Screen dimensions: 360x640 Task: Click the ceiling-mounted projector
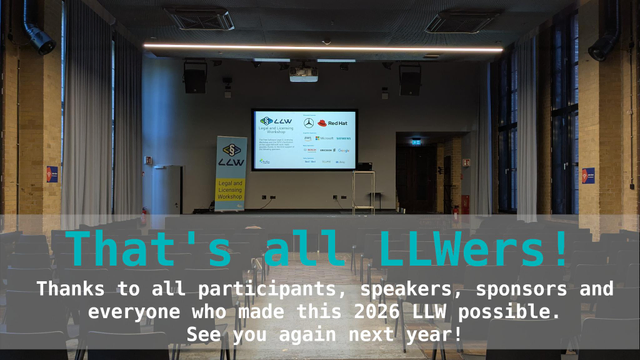coord(304,73)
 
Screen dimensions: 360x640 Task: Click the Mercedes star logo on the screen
coord(309,123)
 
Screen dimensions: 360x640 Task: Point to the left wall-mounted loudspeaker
coord(195,77)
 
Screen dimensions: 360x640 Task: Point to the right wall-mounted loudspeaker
coord(410,78)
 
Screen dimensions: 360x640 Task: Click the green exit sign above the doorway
coord(415,142)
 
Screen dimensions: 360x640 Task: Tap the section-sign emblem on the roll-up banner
coord(230,151)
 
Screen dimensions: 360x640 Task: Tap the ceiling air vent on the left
coord(200,18)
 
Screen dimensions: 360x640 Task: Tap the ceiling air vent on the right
coord(464,20)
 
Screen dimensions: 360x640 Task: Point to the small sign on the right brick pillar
coord(588,175)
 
